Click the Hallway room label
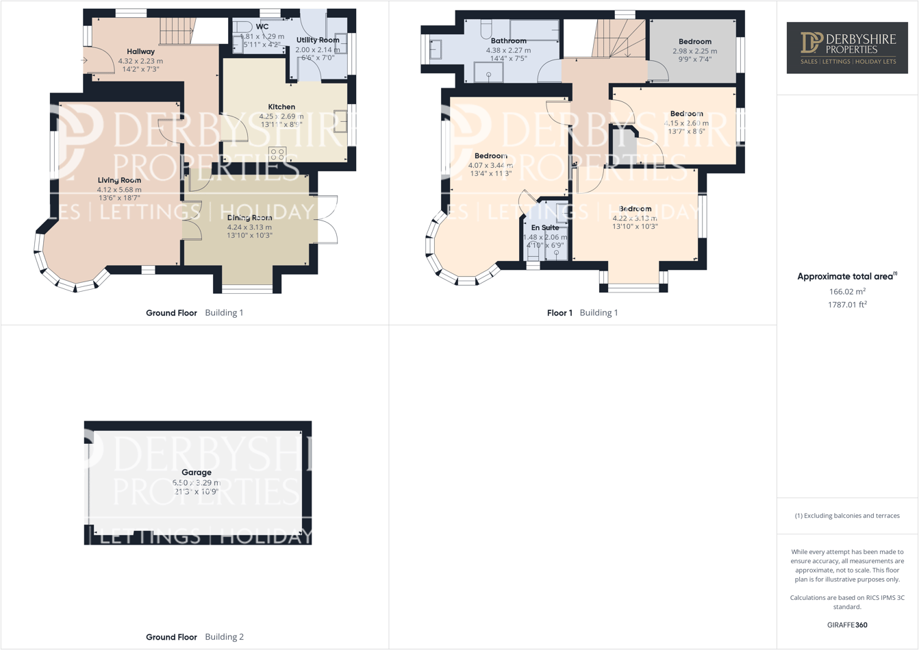coord(140,51)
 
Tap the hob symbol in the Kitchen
coord(277,154)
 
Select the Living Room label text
coord(119,180)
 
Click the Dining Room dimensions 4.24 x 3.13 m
coord(249,227)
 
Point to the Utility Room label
coord(318,40)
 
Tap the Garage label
coord(197,472)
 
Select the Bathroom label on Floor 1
coord(508,41)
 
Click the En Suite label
coord(545,227)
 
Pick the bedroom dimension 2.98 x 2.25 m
coord(694,51)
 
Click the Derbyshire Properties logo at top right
coord(847,47)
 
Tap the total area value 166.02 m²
coord(847,291)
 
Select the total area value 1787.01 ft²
coord(847,305)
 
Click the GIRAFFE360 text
coord(847,625)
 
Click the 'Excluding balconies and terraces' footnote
coord(847,516)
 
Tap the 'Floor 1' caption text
coord(559,313)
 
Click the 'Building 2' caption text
coord(224,637)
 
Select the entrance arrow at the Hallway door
coord(84,60)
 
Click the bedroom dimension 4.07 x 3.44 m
coord(490,165)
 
